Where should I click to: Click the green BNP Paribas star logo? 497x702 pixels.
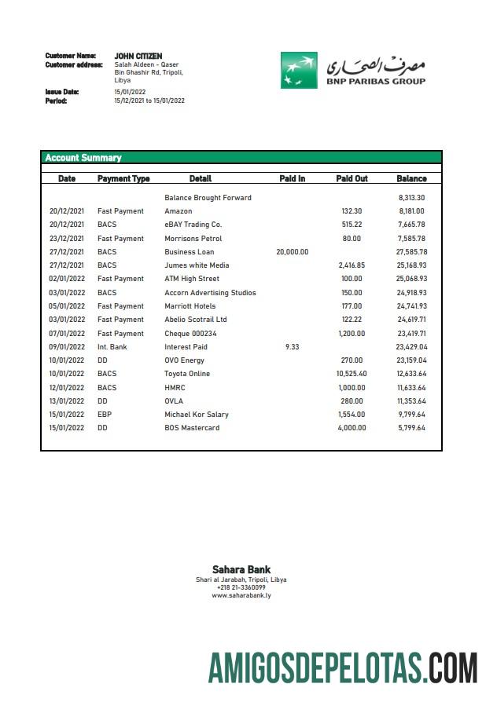299,70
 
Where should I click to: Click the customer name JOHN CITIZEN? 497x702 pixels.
138,57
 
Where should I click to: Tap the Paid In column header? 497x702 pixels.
293,179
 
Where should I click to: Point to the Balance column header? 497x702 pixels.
411,179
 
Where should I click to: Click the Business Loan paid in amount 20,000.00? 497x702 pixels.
293,252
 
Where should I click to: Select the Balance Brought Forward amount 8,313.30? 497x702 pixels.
411,198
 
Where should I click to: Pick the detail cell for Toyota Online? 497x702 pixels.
187,374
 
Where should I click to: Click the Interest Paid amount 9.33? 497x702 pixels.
293,347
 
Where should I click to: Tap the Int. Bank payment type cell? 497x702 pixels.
113,347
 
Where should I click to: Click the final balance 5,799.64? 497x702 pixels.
411,428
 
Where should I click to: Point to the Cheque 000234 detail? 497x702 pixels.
190,334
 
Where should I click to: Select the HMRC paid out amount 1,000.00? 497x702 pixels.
352,388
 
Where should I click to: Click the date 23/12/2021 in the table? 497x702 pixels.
67,239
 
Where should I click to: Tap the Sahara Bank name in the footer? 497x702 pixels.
241,570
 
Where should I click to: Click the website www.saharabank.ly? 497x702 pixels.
241,596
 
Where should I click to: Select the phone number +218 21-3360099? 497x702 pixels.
241,588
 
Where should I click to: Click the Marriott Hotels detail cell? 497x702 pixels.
190,306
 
